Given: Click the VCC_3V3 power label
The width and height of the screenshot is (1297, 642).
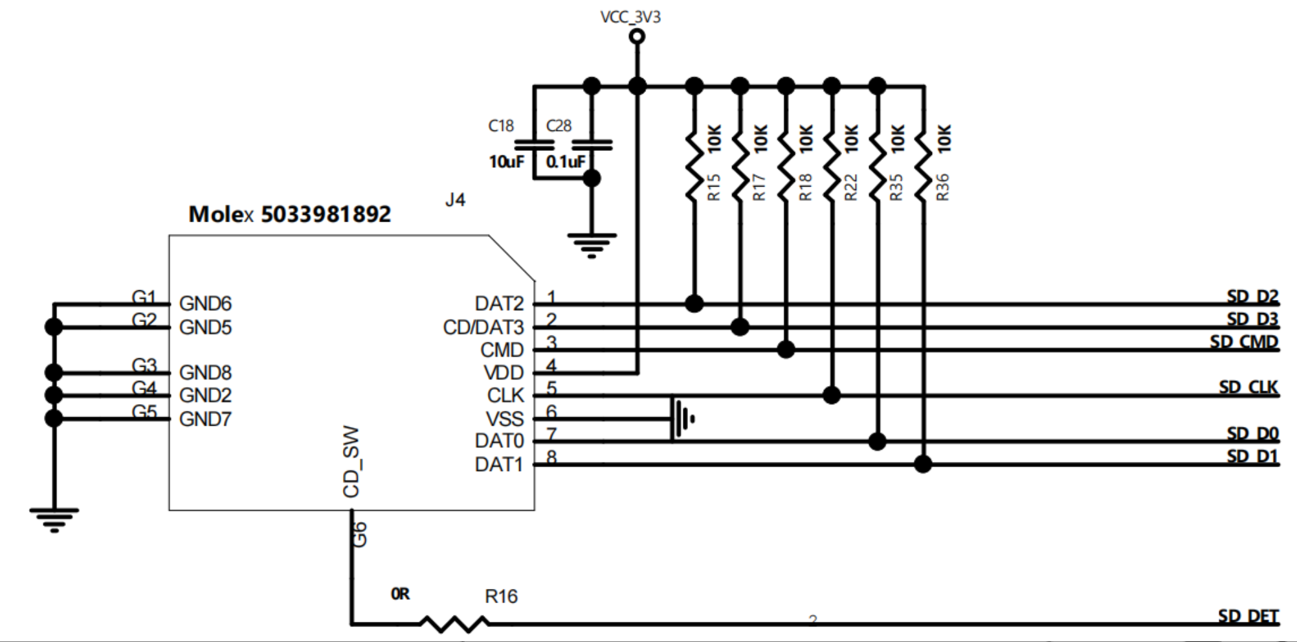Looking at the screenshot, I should coord(630,17).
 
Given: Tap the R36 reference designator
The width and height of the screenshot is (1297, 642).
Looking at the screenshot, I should coord(942,187).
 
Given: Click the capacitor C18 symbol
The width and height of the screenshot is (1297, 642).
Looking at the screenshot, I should coord(534,145).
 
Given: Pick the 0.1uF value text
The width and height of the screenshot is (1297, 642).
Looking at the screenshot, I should coord(565,162).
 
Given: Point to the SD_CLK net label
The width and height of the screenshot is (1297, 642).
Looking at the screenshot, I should coord(1248,387).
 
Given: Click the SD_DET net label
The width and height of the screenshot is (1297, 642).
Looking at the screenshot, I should coord(1248,615).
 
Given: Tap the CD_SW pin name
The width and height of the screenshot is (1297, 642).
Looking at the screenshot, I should coord(351,462).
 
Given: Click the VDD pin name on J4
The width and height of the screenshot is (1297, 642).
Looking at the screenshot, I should coord(504,373).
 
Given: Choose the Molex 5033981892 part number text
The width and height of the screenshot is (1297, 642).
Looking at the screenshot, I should coord(289,214).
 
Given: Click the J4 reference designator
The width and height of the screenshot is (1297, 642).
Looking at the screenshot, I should coord(455,200).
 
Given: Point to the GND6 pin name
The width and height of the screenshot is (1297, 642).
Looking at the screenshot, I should coord(205,304).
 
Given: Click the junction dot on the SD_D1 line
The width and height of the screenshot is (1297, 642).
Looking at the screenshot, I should coord(923,464).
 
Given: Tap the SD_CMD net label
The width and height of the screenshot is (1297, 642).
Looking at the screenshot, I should coord(1244,342).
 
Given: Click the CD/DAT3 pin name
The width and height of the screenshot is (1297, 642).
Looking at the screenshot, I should coord(483,328).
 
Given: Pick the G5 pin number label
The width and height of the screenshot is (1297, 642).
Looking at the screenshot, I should coord(144,412).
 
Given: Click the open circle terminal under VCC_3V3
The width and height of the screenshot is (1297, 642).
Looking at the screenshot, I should coord(637,37).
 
